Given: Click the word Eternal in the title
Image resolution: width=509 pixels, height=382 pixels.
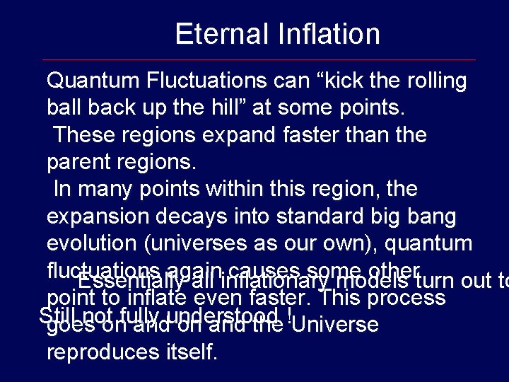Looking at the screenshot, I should (214, 34).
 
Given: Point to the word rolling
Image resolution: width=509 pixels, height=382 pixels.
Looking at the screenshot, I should (437, 81).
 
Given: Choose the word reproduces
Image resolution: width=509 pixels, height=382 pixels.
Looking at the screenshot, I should (103, 352).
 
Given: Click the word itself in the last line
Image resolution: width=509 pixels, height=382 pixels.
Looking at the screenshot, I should (191, 352).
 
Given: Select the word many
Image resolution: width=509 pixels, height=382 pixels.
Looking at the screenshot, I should (105, 190).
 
